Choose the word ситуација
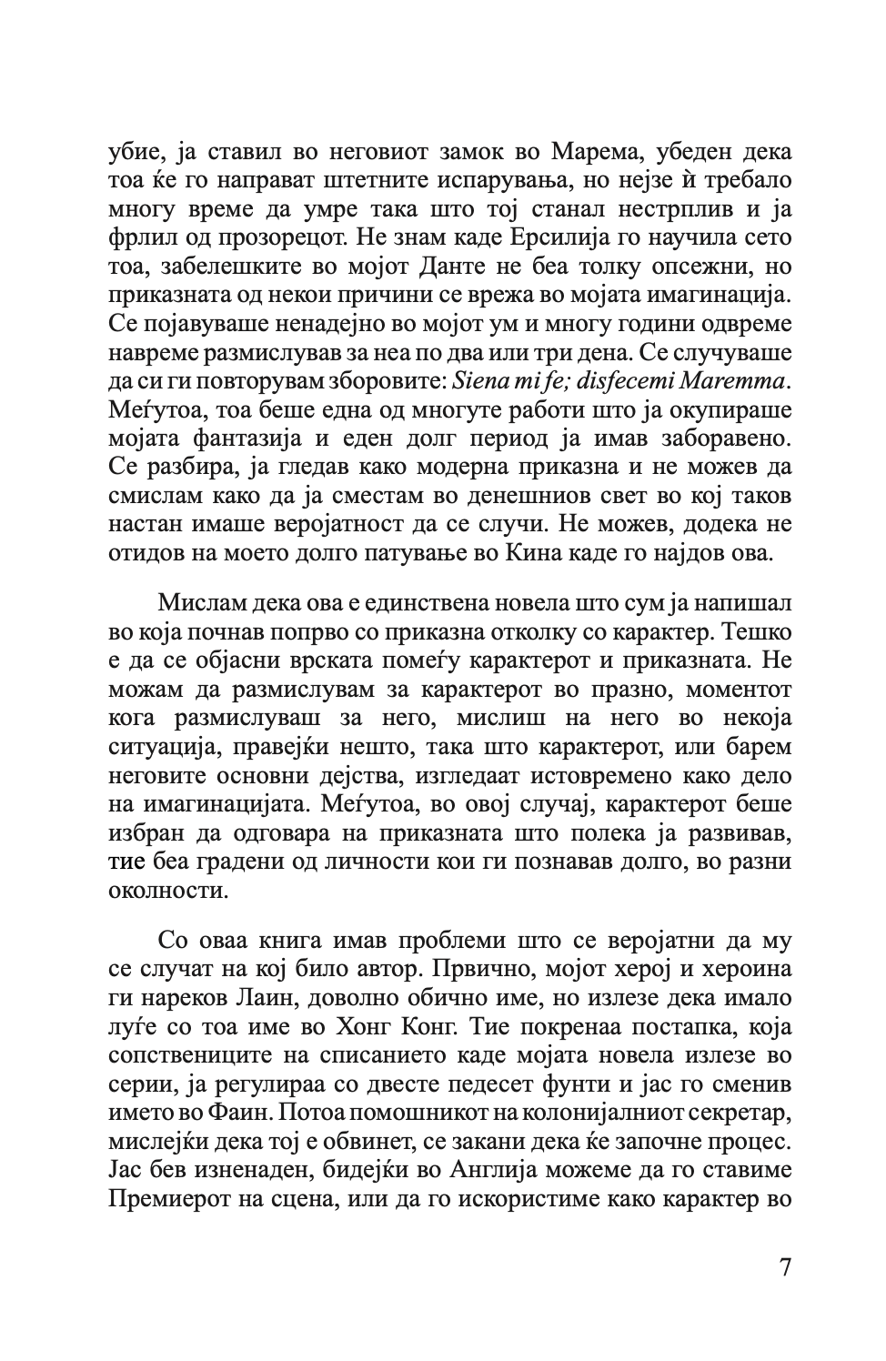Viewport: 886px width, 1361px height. (155, 747)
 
